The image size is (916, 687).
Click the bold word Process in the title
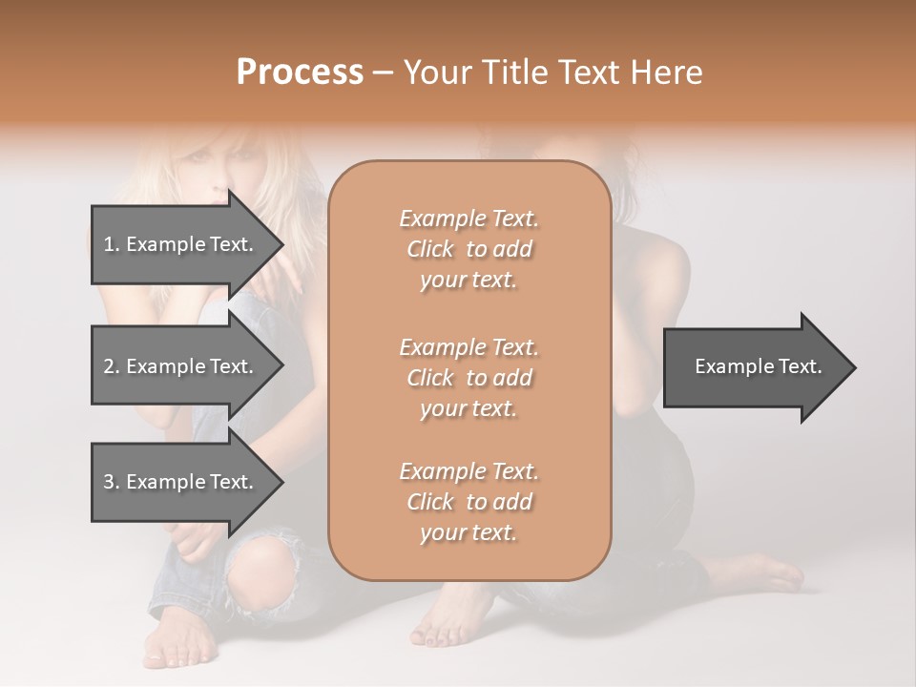[x=300, y=73]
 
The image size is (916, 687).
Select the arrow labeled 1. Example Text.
[x=178, y=244]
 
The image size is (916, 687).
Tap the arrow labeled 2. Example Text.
[x=178, y=366]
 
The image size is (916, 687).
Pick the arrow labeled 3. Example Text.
[x=178, y=482]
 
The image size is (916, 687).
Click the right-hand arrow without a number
[x=758, y=366]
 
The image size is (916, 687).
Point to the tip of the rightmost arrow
[x=854, y=367]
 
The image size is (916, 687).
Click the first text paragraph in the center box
[x=468, y=249]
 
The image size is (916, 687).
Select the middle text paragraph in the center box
[x=468, y=378]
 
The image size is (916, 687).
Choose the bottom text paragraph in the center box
[x=468, y=502]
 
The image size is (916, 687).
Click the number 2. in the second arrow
[x=112, y=366]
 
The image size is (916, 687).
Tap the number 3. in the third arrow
[x=112, y=482]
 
